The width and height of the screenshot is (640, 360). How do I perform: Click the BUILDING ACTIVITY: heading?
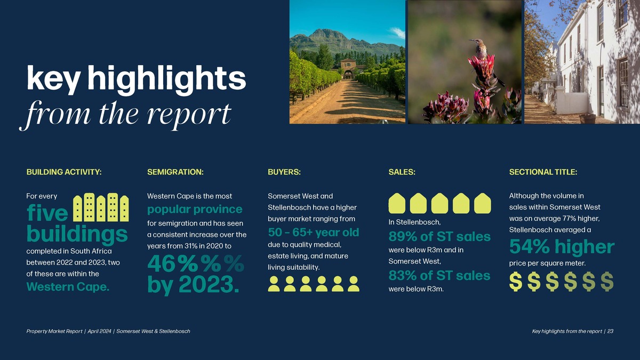pyautogui.click(x=64, y=172)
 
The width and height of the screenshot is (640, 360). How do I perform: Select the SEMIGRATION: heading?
pyautogui.click(x=175, y=172)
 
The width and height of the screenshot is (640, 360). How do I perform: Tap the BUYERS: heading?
pyautogui.click(x=284, y=172)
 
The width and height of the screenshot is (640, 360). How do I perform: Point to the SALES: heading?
pyautogui.click(x=402, y=172)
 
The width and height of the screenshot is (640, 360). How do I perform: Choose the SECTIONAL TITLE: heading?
pyautogui.click(x=543, y=172)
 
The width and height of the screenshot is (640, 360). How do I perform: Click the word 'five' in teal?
pyautogui.click(x=47, y=213)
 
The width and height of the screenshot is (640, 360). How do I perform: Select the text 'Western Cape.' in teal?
pyautogui.click(x=68, y=286)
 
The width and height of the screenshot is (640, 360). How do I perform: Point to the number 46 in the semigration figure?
pyautogui.click(x=162, y=263)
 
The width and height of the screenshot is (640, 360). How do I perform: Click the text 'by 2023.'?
pyautogui.click(x=193, y=285)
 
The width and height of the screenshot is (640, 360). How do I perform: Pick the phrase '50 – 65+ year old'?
pyautogui.click(x=314, y=233)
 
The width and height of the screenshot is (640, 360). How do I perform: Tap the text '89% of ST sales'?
pyautogui.click(x=439, y=237)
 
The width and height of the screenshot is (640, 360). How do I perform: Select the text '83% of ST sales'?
pyautogui.click(x=439, y=276)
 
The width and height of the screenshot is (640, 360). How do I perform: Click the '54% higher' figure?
pyautogui.click(x=562, y=246)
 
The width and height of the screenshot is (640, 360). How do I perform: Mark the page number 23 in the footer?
pyautogui.click(x=610, y=331)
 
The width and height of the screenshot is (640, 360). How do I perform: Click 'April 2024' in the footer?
pyautogui.click(x=99, y=331)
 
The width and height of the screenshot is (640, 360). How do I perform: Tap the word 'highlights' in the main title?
pyautogui.click(x=166, y=78)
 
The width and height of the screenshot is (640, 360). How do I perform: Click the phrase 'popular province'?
pyautogui.click(x=195, y=210)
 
